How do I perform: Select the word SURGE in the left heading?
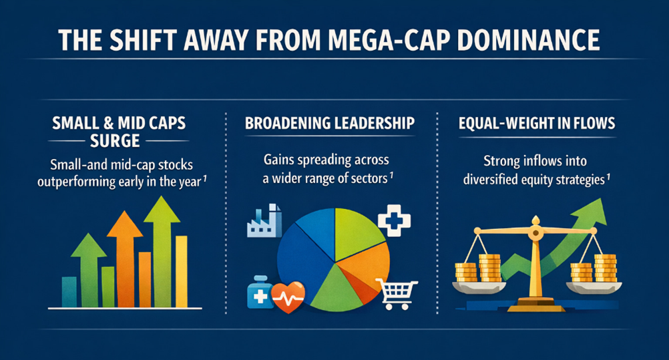pyautogui.click(x=115, y=140)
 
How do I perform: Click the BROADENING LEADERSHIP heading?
pyautogui.click(x=330, y=123)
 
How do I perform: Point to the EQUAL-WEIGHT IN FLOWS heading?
pyautogui.click(x=537, y=124)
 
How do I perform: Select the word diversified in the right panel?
pyautogui.click(x=489, y=180)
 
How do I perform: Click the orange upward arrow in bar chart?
pyautogui.click(x=125, y=258)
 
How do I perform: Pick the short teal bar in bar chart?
pyautogui.click(x=69, y=292)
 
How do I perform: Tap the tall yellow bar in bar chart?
pyautogui.click(x=182, y=272)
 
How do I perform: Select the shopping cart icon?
pyautogui.click(x=397, y=293)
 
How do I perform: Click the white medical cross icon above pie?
pyautogui.click(x=394, y=220)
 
